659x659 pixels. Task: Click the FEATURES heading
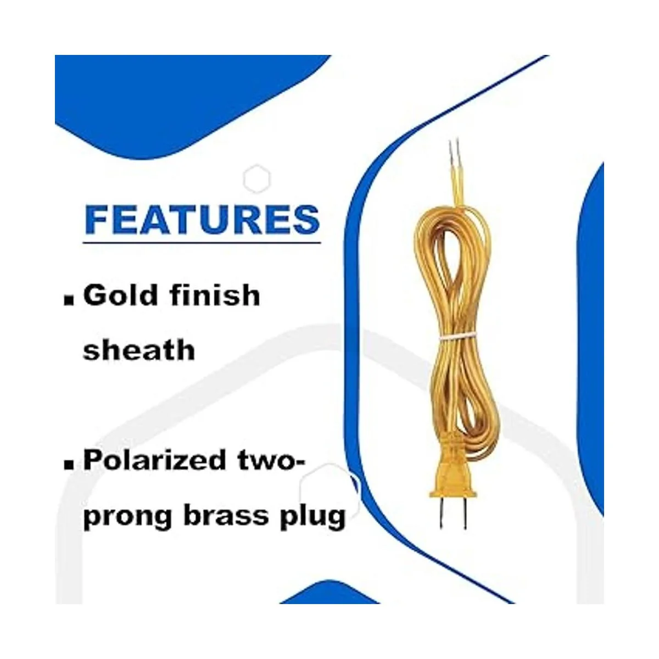click(202, 219)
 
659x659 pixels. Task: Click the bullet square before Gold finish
click(69, 300)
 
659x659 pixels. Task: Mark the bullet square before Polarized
click(69, 465)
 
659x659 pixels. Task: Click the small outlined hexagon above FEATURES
click(257, 179)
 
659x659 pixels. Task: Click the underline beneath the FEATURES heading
click(202, 243)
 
